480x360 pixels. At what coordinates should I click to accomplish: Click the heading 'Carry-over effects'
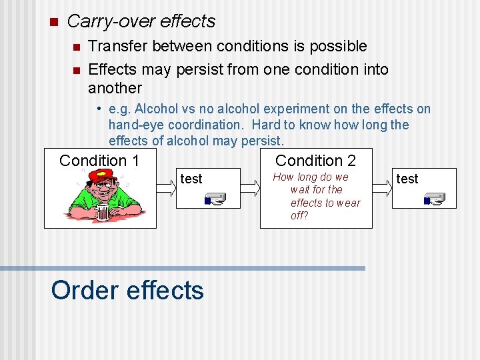point(141,21)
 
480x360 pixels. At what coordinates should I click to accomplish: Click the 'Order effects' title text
point(127,291)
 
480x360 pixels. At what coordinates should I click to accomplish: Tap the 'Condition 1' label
point(99,161)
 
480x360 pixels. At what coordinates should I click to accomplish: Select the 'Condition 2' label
point(315,161)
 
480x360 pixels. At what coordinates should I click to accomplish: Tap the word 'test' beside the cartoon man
point(191,179)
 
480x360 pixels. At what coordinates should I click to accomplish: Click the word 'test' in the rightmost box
point(407,179)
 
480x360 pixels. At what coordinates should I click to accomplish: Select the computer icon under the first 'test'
point(215,199)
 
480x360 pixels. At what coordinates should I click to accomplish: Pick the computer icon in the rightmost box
point(434,199)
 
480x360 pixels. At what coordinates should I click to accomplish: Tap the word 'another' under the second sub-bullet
point(115,88)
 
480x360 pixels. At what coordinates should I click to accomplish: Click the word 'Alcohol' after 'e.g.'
point(156,109)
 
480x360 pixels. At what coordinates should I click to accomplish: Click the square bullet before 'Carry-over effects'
point(54,21)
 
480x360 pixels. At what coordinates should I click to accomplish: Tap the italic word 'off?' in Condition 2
point(299,216)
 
